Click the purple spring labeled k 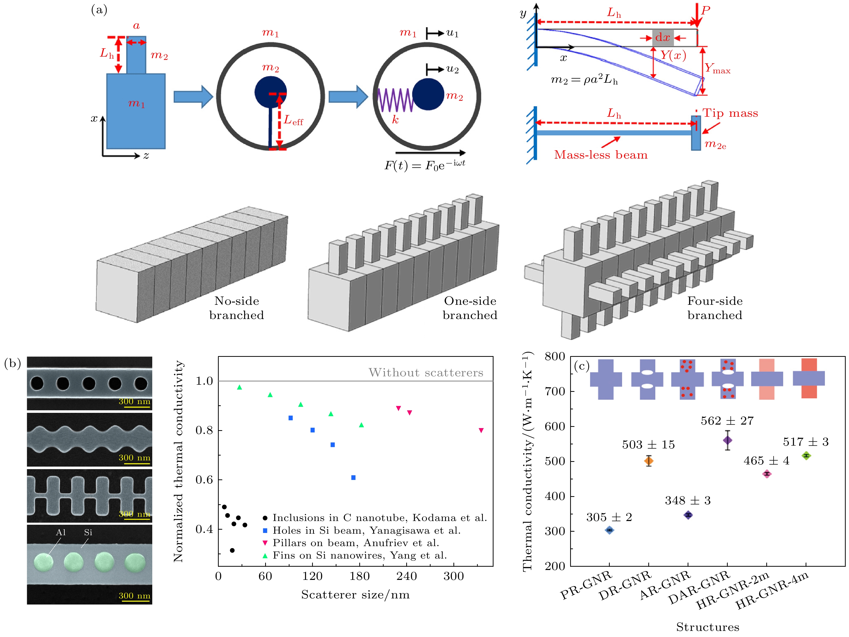point(395,100)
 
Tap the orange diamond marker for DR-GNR point(649,461)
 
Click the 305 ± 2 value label point(609,517)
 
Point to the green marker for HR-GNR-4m point(806,456)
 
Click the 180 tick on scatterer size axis point(359,576)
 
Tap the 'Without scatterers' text point(426,373)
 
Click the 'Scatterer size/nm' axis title point(355,595)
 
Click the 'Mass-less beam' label point(601,155)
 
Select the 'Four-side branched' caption point(715,308)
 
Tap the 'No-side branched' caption point(236,308)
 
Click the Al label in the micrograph point(61,532)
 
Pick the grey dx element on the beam point(663,38)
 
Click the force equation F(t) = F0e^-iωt point(425,165)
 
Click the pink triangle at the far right point(481,430)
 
